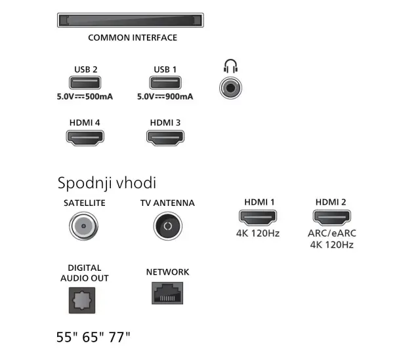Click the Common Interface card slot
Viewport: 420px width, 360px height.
coord(131,20)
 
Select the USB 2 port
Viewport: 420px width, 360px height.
coord(85,83)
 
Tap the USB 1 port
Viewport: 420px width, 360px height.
coord(165,83)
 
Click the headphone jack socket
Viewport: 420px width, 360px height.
coord(230,88)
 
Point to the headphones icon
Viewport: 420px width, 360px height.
coord(230,66)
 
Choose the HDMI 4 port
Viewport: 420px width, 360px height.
coord(85,138)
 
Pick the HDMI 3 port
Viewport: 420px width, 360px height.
coord(165,138)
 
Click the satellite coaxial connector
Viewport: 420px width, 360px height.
coord(83,226)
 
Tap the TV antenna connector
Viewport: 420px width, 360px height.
coord(168,226)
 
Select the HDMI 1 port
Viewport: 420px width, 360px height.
coord(258,217)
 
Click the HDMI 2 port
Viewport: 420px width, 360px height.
coord(332,217)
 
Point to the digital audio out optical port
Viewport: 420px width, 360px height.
coord(82,300)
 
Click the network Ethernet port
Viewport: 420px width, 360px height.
coord(167,293)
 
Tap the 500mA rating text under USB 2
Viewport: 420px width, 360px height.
coord(99,96)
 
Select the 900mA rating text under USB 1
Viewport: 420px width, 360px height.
coord(179,96)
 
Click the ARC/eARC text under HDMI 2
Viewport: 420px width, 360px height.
coord(332,233)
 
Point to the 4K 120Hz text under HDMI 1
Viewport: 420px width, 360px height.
coord(258,233)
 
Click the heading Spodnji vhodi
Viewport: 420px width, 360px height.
coord(107,184)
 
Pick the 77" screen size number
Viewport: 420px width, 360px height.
coord(119,337)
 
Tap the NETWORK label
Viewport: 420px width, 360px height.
coord(168,272)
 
